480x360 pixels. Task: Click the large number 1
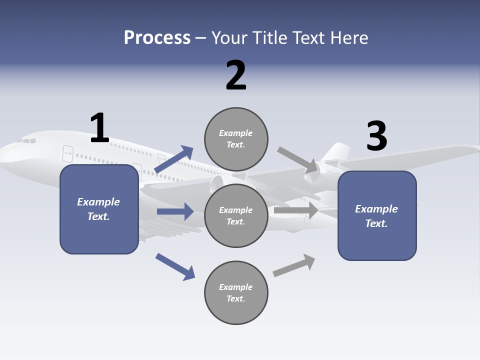pyautogui.click(x=99, y=128)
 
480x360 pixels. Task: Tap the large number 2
pyautogui.click(x=236, y=75)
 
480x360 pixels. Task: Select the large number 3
pyautogui.click(x=376, y=136)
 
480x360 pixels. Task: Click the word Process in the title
pyautogui.click(x=157, y=37)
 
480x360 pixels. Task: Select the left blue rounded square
pyautogui.click(x=99, y=209)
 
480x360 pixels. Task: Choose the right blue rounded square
pyautogui.click(x=377, y=216)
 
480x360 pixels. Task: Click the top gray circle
pyautogui.click(x=236, y=139)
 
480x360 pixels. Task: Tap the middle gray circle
pyautogui.click(x=236, y=215)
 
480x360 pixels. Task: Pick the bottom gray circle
pyautogui.click(x=236, y=292)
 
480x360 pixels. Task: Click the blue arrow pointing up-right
pyautogui.click(x=174, y=159)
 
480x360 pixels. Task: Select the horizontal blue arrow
pyautogui.click(x=175, y=211)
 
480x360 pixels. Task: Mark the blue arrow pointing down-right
pyautogui.click(x=175, y=266)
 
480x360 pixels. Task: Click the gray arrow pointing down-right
pyautogui.click(x=298, y=160)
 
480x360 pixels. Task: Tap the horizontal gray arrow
pyautogui.click(x=296, y=210)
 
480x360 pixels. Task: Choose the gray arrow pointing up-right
pyautogui.click(x=294, y=265)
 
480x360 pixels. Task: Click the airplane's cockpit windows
pyautogui.click(x=27, y=140)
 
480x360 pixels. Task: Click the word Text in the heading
pyautogui.click(x=312, y=37)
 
